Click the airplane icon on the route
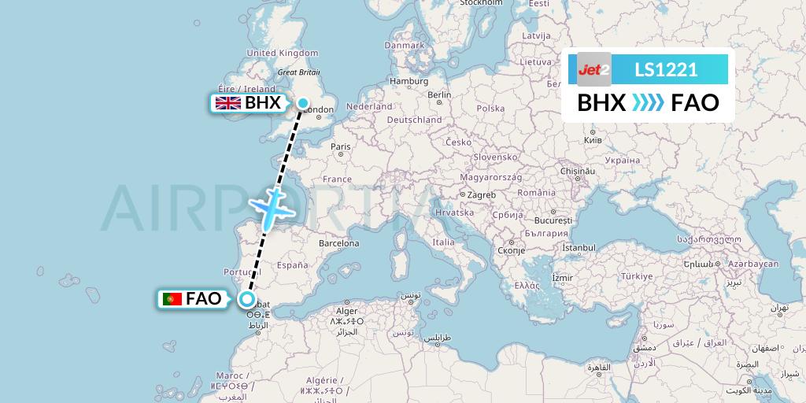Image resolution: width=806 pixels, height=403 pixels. tap(272, 205)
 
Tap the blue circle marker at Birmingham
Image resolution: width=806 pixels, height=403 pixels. tap(302, 102)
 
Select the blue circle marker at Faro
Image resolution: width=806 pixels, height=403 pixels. tap(247, 298)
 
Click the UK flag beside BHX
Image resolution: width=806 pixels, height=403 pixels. tap(228, 103)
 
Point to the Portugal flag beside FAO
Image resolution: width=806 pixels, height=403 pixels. tap(171, 299)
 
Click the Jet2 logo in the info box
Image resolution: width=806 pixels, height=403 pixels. tap(594, 69)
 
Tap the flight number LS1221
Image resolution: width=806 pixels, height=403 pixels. tap(665, 69)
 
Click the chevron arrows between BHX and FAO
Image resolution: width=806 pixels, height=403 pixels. tap(649, 103)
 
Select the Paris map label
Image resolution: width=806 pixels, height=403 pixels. tap(340, 146)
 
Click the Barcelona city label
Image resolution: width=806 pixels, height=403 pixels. tap(338, 244)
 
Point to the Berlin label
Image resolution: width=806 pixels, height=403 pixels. tap(438, 94)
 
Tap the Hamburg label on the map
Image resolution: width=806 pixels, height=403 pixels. tap(409, 80)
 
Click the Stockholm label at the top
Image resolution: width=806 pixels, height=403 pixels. tap(482, 3)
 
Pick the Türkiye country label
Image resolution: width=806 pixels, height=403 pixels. tap(638, 276)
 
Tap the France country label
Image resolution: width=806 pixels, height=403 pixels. tap(337, 179)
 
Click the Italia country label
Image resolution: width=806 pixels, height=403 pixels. tap(443, 242)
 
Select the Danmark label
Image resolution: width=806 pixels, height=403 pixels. tap(405, 45)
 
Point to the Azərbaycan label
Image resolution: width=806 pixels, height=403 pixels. tap(752, 264)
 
